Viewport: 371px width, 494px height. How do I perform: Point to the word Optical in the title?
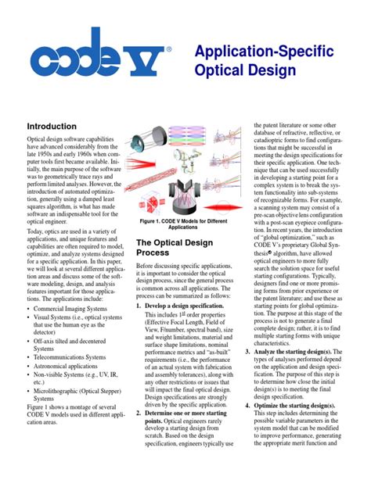pyautogui.click(x=221, y=72)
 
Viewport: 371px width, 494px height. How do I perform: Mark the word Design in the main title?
pyautogui.click(x=275, y=72)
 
